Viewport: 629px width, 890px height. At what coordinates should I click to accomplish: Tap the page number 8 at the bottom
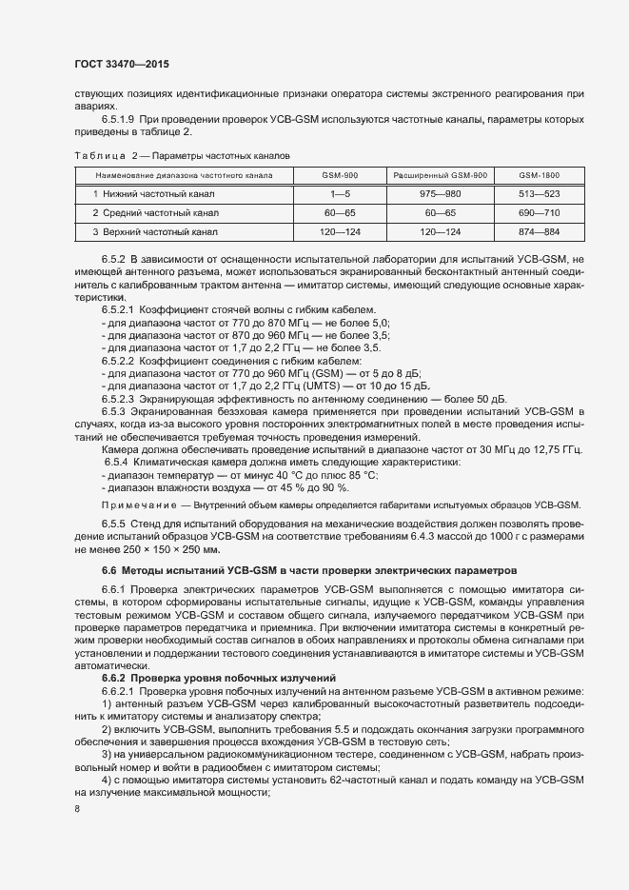pyautogui.click(x=76, y=809)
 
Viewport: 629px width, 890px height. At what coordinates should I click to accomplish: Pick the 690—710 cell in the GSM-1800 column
pyautogui.click(x=539, y=212)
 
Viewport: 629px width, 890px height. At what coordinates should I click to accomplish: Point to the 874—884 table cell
pyautogui.click(x=539, y=231)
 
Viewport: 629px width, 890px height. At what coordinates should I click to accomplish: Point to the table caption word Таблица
pyautogui.click(x=98, y=155)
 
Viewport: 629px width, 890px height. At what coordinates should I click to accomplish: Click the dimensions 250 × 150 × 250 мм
pyautogui.click(x=172, y=550)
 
